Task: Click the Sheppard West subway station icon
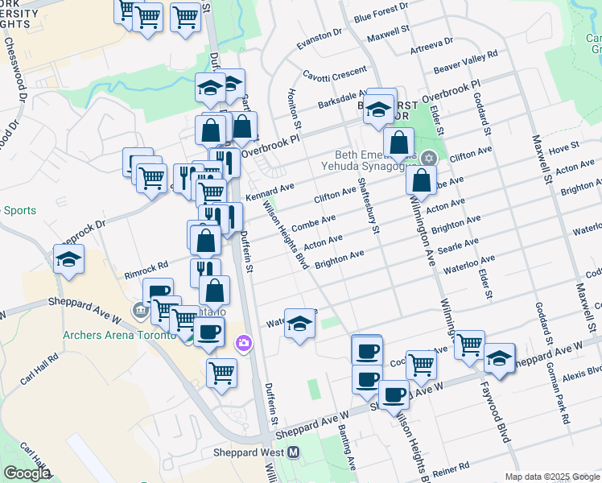tap(294, 452)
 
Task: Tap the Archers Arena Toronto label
tap(120, 335)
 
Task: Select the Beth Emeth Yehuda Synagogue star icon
tap(429, 158)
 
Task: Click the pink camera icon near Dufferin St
tap(243, 344)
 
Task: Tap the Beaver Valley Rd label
tap(466, 61)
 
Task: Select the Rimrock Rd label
tap(146, 264)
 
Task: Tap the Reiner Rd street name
tap(451, 469)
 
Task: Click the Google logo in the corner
tap(26, 473)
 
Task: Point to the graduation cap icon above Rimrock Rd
tap(69, 259)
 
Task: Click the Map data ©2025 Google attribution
tap(552, 477)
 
